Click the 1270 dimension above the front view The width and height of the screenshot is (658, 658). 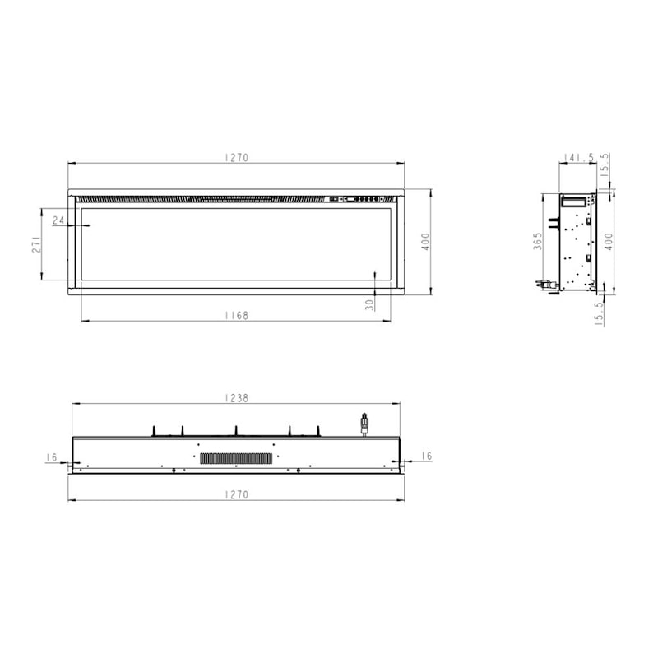pos(236,157)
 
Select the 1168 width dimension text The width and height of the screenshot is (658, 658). pos(236,315)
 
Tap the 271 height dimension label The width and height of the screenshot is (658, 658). pos(37,244)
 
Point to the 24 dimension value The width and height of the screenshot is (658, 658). pos(58,220)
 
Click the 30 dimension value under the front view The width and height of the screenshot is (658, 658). pos(370,304)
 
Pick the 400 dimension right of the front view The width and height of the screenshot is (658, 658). pos(425,242)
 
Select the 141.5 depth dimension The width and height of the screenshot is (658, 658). pos(580,157)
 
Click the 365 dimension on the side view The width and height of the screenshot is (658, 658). pos(537,241)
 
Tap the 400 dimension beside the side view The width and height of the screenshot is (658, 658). pos(609,242)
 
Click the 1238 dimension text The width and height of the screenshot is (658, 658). pos(236,397)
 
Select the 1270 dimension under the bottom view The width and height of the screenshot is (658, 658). pos(236,494)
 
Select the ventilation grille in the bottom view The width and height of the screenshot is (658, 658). pos(236,457)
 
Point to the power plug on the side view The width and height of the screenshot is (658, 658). pos(545,285)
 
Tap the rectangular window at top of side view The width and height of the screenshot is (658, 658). pos(577,200)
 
